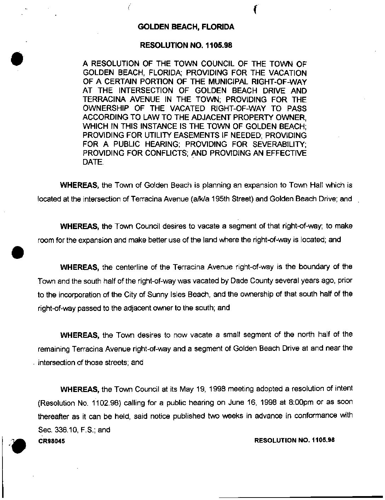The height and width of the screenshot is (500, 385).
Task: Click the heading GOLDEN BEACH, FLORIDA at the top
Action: (186, 27)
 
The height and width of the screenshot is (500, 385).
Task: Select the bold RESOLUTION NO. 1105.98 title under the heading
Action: (186, 45)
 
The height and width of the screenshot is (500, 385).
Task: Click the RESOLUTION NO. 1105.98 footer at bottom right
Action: (294, 440)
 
